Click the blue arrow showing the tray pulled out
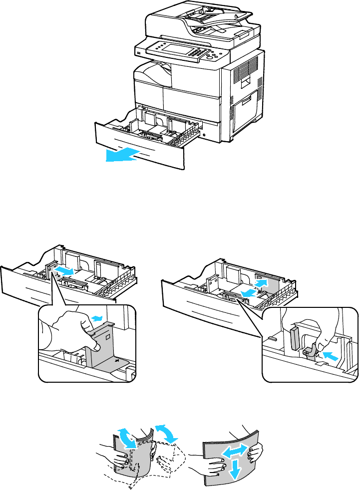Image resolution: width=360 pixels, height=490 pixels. coord(122,155)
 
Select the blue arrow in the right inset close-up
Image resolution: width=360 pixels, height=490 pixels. coord(330,356)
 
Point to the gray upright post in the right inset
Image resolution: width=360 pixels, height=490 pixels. coord(294,340)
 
